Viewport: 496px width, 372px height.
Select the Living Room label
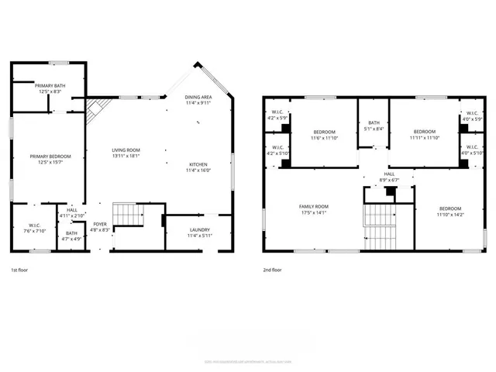tap(125, 153)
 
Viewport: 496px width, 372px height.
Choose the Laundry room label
tap(199, 232)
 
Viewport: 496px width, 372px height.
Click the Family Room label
tap(313, 209)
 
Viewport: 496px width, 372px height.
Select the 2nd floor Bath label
tap(374, 126)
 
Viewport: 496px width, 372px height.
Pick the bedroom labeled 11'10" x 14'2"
tap(450, 212)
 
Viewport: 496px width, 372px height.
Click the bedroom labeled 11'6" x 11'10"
tap(323, 134)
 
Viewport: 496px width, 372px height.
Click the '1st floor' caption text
tap(20, 270)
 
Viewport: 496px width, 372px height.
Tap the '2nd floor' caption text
tap(272, 270)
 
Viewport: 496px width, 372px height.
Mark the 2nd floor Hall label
tap(390, 177)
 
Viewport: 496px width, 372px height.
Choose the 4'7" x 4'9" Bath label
tap(71, 236)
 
